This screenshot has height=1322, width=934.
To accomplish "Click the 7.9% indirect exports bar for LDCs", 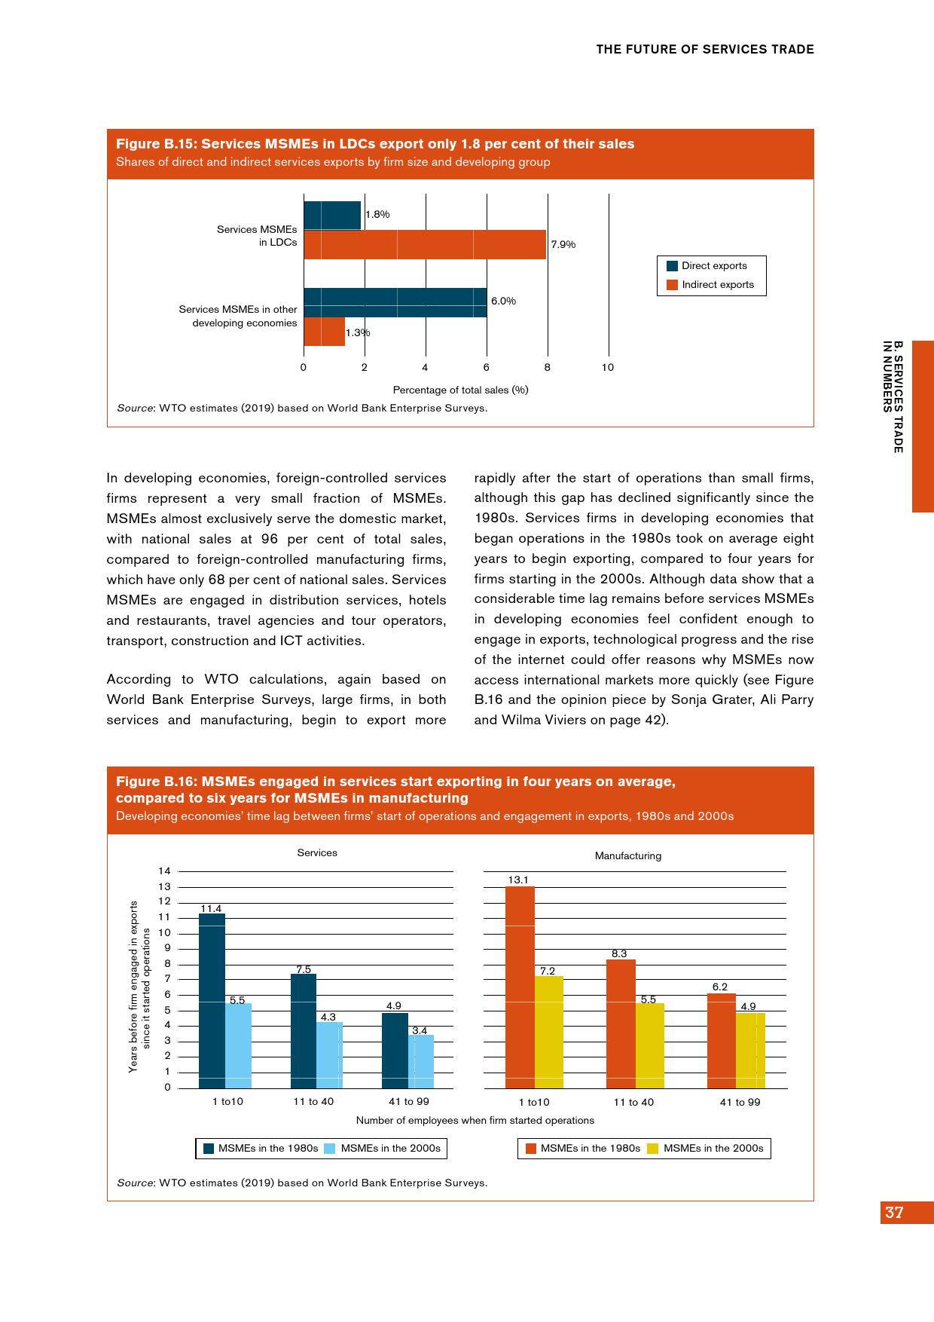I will click(x=425, y=244).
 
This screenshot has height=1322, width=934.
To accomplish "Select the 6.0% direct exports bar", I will click(x=395, y=302).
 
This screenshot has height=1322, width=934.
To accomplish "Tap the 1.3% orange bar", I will click(x=324, y=332).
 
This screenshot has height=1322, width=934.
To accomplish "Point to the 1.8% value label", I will click(x=377, y=214).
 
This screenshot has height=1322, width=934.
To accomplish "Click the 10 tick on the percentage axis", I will click(x=608, y=367).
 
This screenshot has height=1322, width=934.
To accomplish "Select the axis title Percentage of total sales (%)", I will click(x=460, y=390).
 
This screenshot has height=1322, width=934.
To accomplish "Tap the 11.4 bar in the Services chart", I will click(x=212, y=1000).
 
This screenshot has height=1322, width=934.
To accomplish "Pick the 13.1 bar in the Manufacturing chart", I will click(x=520, y=987).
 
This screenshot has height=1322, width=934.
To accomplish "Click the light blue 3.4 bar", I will click(x=421, y=1061).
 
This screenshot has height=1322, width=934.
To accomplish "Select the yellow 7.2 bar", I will click(x=549, y=1032).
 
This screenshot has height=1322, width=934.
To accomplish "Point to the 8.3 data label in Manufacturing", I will click(x=619, y=953).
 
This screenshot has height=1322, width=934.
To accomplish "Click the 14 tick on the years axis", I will click(x=164, y=871).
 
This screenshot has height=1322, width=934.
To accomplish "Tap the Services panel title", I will click(x=317, y=852).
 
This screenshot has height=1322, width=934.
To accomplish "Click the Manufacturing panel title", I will click(x=628, y=855).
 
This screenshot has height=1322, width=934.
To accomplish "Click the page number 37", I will click(x=894, y=1213).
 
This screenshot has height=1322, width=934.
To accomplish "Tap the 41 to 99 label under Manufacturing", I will click(x=740, y=1102).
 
